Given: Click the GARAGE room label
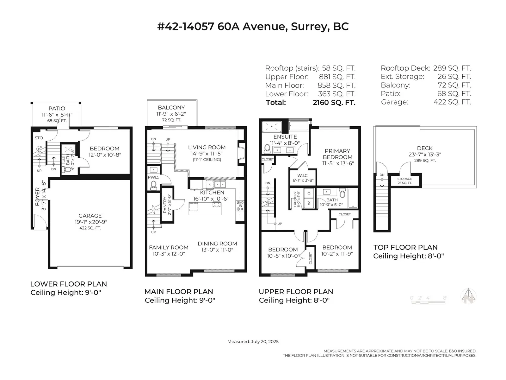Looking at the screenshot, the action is tap(90, 216).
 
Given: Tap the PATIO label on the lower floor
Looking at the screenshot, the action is tap(57, 108).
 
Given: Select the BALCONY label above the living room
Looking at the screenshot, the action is tap(171, 108).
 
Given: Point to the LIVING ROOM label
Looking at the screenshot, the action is tap(207, 147).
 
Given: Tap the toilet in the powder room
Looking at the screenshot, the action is tap(153, 185).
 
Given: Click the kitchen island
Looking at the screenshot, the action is tap(205, 209).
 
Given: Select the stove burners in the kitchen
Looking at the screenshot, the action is tap(240, 206).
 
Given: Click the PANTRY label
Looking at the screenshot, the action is tap(164, 205).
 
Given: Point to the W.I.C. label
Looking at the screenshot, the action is tap(303, 175).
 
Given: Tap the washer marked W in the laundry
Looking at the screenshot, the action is tap(309, 203).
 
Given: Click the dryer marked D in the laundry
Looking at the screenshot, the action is tap(309, 193).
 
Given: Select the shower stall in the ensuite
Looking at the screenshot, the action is tap(271, 126).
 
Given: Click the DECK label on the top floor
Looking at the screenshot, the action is tap(425, 148).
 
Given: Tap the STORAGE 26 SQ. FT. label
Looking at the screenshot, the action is tap(404, 181).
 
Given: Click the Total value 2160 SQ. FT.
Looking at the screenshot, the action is tap(334, 102).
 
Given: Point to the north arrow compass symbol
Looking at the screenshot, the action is tap(468, 296).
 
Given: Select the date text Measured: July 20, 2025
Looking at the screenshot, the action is tap(253, 342).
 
